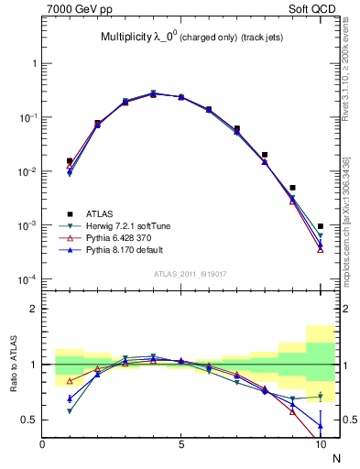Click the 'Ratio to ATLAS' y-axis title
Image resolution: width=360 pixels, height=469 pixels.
tap(13, 365)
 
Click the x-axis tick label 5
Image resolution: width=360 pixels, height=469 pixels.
tap(181, 444)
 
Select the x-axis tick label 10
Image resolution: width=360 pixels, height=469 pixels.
tap(320, 444)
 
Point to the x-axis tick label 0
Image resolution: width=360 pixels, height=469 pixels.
tap(42, 444)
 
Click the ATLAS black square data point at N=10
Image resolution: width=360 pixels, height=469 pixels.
tap(320, 226)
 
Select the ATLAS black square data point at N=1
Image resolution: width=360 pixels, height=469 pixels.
tap(70, 161)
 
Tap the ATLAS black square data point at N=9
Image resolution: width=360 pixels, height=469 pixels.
tap(292, 188)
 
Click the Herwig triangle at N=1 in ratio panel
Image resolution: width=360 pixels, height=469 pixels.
tap(70, 411)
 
